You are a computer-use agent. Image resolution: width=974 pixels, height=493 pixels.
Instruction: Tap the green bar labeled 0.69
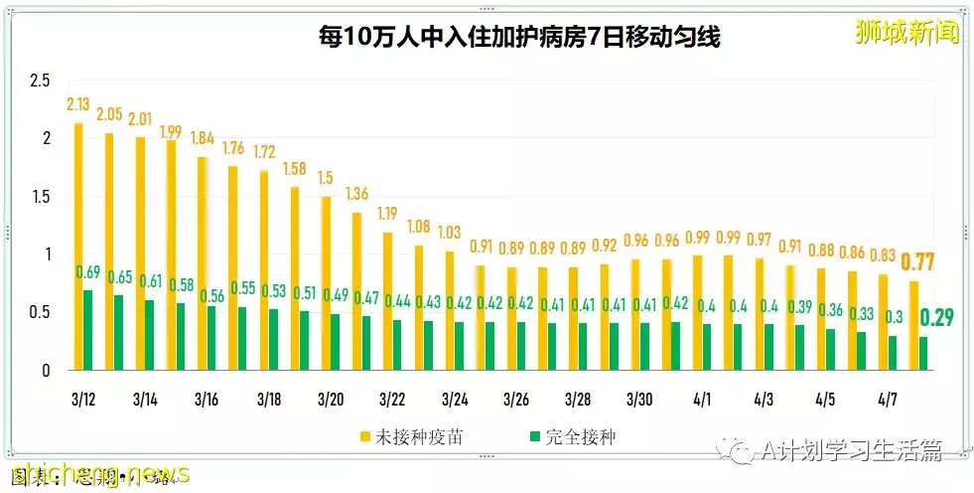(87, 330)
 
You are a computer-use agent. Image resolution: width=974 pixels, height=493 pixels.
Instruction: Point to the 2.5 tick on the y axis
(39, 81)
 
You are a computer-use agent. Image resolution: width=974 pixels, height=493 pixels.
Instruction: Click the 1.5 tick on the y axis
(39, 197)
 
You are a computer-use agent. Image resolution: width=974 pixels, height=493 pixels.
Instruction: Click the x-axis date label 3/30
(638, 400)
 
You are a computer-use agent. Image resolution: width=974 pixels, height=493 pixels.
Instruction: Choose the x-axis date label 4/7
(886, 400)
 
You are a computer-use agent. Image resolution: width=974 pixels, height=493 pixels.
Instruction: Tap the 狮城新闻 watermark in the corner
(907, 33)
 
